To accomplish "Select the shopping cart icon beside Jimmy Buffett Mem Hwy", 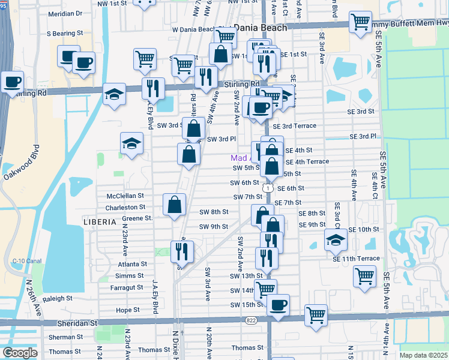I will click(360, 23).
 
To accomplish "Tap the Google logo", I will click(20, 353).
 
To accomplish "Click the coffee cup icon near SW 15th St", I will click(279, 304).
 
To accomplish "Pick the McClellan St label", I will click(125, 196).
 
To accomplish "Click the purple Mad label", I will click(239, 158).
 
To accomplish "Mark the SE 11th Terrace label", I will click(360, 258).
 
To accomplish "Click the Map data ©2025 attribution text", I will click(424, 355).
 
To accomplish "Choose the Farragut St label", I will click(128, 287).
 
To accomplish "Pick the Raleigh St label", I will click(58, 298).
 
